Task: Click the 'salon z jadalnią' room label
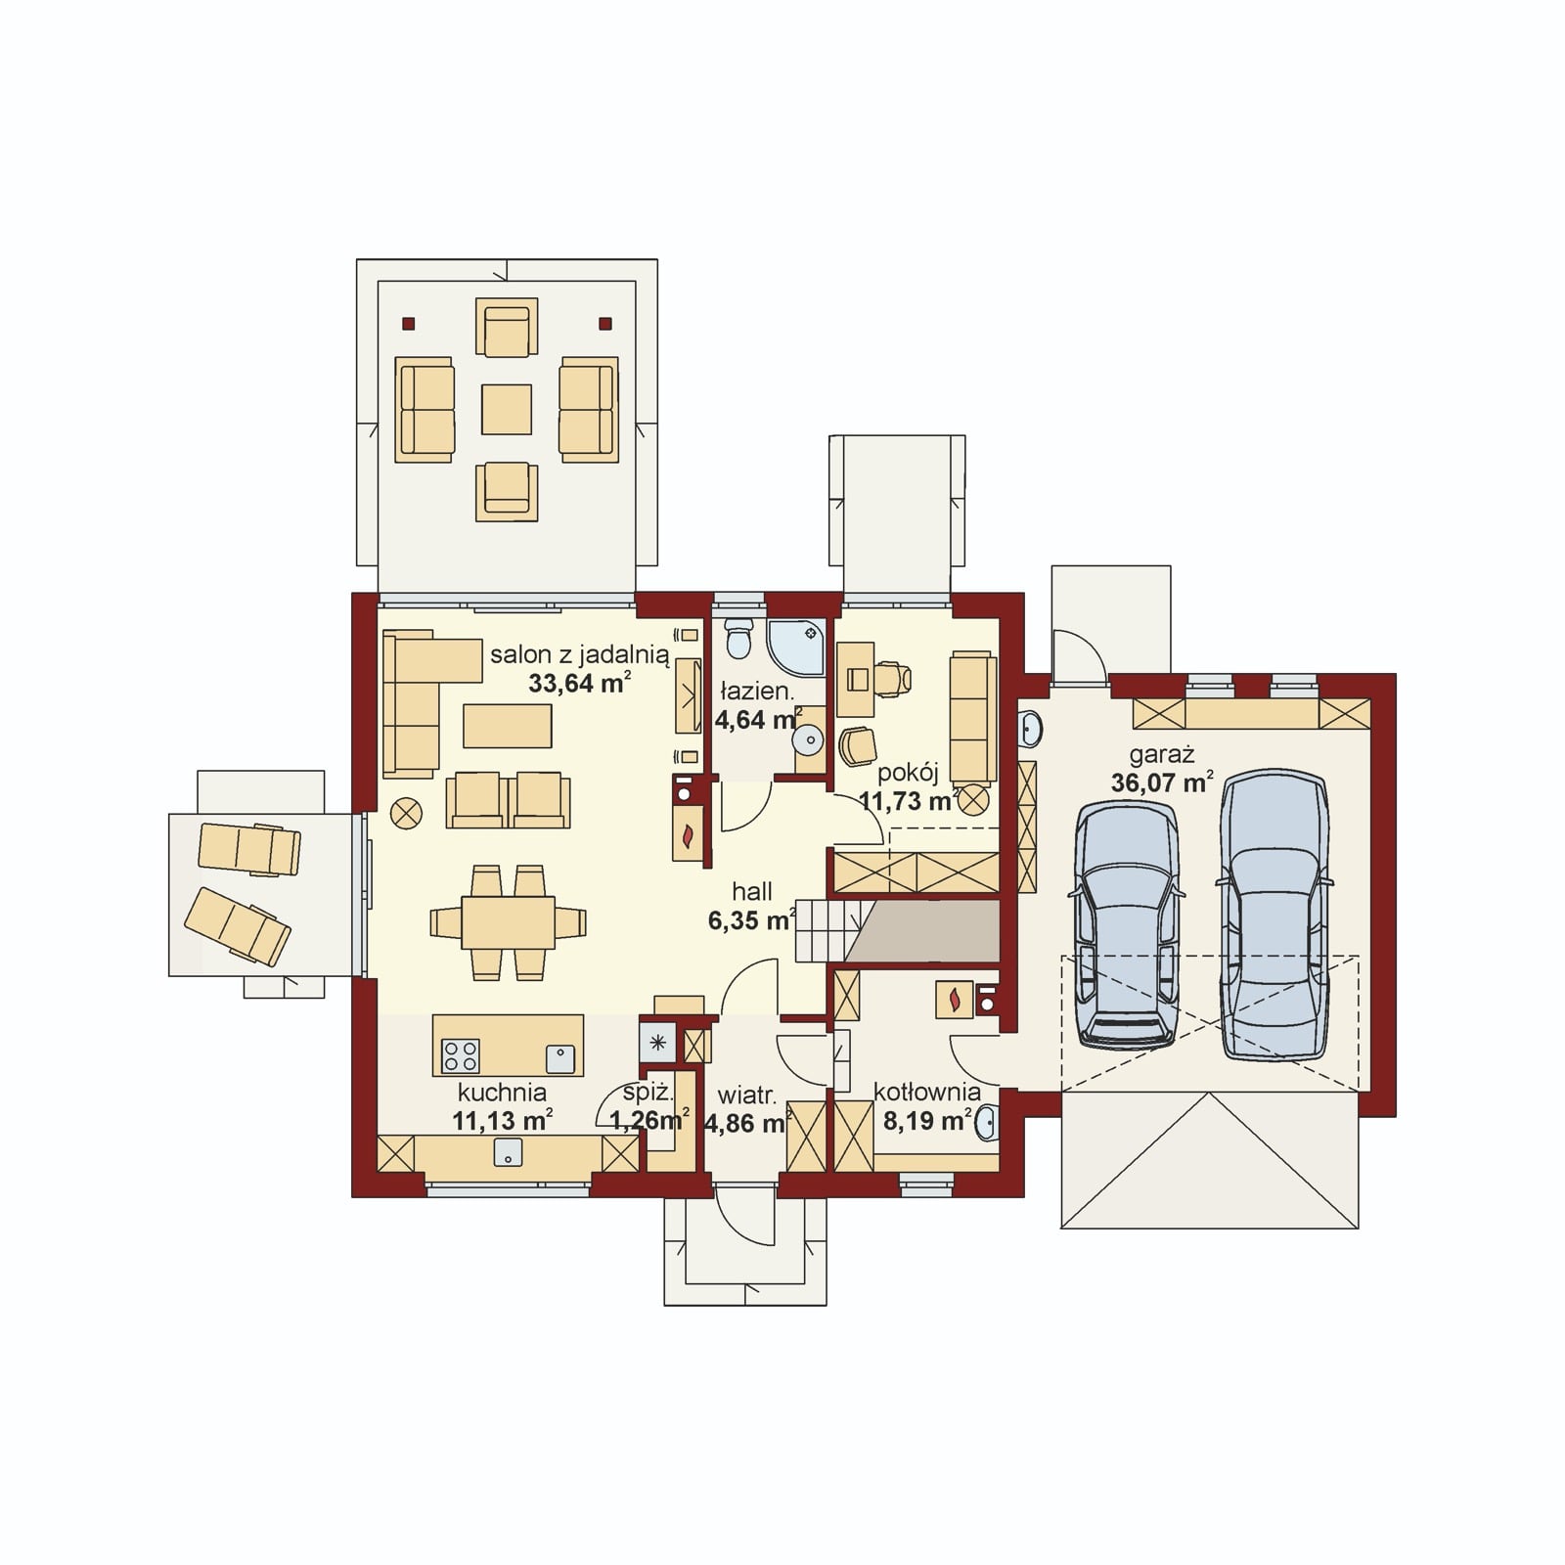[x=580, y=654]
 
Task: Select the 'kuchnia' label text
[x=502, y=1092]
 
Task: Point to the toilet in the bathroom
[x=738, y=638]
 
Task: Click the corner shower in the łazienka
[x=797, y=647]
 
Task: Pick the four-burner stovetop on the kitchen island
[x=461, y=1054]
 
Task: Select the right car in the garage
[x=1274, y=915]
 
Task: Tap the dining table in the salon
[x=508, y=921]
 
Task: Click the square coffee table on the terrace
[x=507, y=409]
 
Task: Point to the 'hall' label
[x=752, y=891]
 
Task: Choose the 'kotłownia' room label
[x=927, y=1092]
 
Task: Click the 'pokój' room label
[x=908, y=773]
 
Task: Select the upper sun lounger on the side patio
[x=249, y=848]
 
